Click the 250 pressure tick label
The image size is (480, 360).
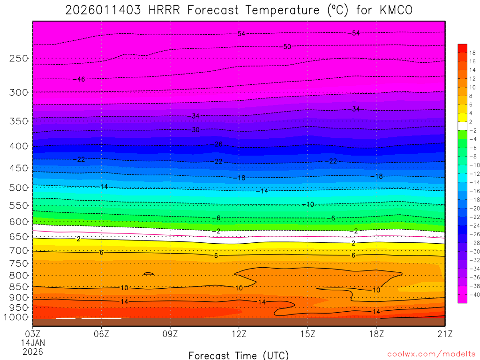(x=19, y=59)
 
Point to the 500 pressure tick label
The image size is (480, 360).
(x=19, y=188)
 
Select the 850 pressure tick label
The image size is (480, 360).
(x=19, y=287)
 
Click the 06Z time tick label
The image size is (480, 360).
(x=101, y=334)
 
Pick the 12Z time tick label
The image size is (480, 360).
(x=239, y=334)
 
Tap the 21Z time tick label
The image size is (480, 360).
(x=444, y=334)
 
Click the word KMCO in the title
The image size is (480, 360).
(x=397, y=10)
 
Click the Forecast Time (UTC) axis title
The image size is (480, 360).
(x=239, y=355)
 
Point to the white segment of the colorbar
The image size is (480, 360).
(x=462, y=126)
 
